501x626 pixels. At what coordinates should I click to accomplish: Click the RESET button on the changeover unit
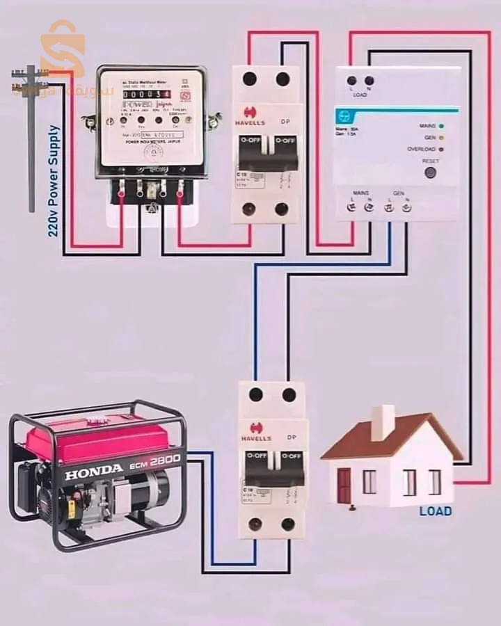(430, 171)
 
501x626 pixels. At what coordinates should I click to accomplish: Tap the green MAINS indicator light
(441, 126)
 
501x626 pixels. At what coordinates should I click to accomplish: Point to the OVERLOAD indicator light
(441, 149)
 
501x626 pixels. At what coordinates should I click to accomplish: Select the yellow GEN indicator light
(441, 138)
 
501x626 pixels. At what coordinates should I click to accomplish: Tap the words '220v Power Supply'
(54, 181)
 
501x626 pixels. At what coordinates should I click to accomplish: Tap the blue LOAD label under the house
(436, 511)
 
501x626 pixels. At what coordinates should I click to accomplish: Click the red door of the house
(344, 485)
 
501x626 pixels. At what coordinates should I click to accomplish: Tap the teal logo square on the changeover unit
(344, 116)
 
